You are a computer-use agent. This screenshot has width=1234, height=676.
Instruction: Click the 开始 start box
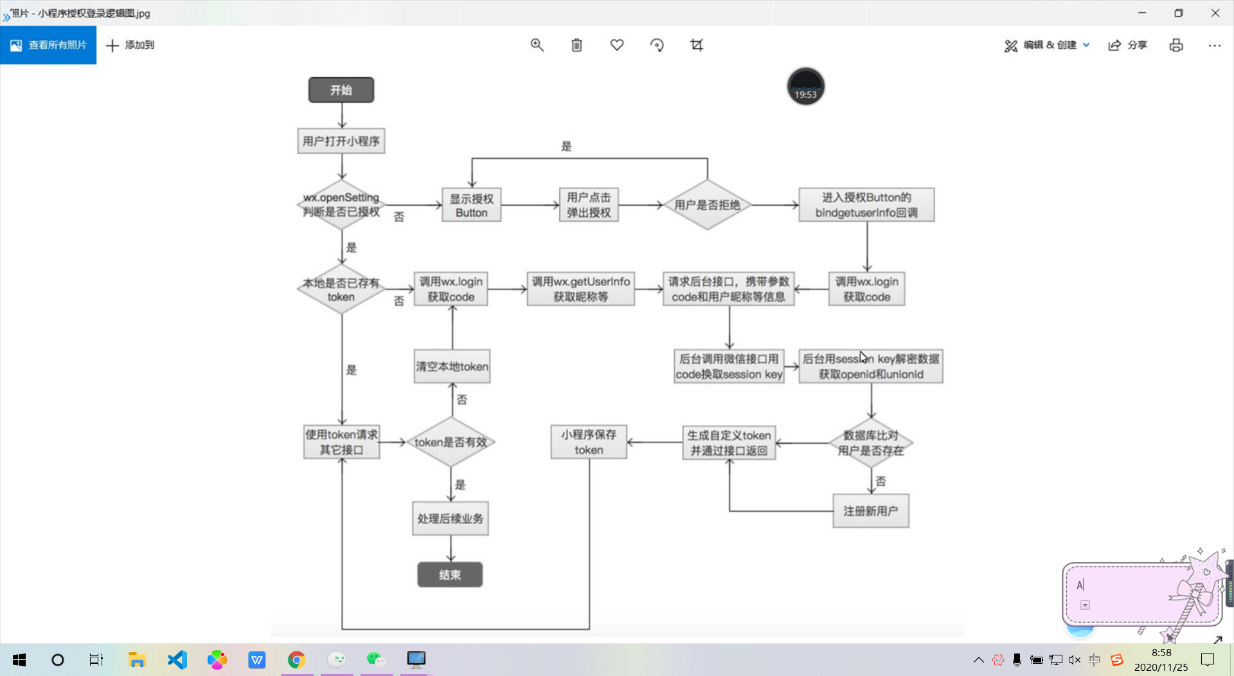341,90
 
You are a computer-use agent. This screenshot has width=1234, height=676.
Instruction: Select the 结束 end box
450,574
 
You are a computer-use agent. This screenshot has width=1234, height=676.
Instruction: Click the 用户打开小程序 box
341,141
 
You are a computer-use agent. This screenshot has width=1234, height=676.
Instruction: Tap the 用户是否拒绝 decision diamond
707,205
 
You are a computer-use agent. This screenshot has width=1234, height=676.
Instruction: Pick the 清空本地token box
452,367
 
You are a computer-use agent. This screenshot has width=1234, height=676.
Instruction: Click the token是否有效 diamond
451,442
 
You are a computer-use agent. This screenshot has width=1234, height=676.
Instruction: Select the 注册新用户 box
870,511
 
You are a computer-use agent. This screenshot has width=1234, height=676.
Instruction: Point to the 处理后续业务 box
450,518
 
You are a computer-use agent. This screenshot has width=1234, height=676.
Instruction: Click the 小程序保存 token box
589,442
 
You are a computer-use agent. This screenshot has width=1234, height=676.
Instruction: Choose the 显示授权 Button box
471,205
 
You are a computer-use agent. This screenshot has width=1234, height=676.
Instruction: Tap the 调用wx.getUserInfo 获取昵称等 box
580,289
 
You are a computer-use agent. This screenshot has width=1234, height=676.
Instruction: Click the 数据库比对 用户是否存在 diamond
870,443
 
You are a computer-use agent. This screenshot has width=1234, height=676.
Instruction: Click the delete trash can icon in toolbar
577,45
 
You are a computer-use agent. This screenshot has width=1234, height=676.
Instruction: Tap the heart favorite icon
617,45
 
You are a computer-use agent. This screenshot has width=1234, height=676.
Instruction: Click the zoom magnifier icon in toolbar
537,45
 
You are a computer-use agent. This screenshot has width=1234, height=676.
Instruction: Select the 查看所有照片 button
48,45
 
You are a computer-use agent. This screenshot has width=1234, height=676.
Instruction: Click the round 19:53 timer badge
805,87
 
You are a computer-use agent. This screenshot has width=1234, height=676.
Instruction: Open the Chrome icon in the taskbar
296,659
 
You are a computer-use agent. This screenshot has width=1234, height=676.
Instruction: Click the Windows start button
19,660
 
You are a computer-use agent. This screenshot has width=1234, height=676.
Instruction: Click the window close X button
1215,13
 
